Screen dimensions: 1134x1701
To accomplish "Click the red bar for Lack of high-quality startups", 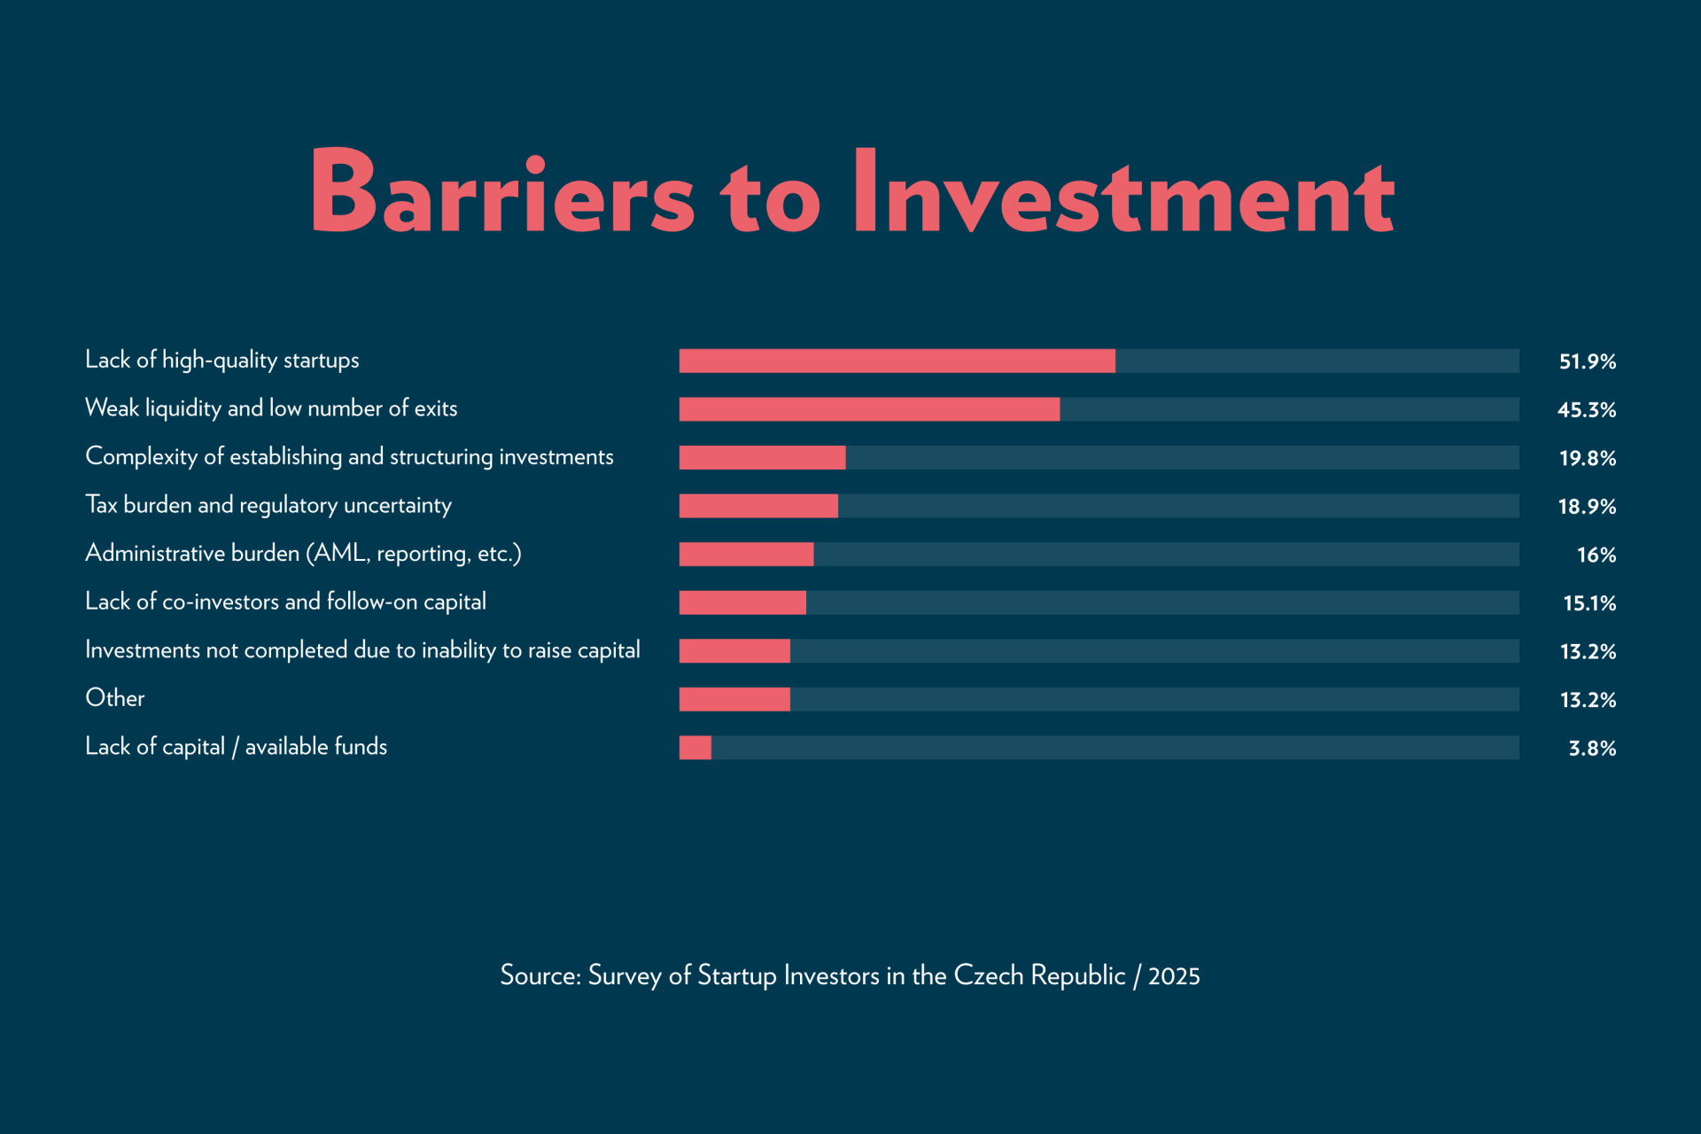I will click(897, 361).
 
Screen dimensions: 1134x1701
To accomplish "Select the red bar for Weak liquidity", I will click(869, 409).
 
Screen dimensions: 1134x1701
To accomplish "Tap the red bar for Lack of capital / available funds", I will click(695, 748).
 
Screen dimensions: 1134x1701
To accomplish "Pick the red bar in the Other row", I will click(734, 699).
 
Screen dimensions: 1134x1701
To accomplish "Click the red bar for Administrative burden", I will click(746, 555).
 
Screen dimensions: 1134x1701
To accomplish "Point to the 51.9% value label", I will click(1587, 361).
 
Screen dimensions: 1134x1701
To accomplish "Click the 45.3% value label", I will click(1586, 410).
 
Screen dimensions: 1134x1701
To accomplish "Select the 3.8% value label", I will click(1591, 749).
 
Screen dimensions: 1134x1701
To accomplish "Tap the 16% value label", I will click(1596, 555).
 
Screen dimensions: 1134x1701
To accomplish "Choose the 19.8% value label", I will click(1587, 458).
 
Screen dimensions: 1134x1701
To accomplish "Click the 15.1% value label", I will click(1588, 603).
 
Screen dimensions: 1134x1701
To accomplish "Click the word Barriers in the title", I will click(501, 192).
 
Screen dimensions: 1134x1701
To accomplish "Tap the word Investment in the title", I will click(1122, 192).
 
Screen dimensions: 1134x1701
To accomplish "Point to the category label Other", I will click(115, 698).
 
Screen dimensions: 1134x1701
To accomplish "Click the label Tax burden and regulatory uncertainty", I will click(268, 505).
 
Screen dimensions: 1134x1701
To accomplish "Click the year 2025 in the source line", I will click(1174, 976).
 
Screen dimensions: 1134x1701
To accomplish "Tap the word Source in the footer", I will click(540, 975).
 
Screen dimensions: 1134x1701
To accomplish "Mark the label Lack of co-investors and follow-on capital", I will click(285, 602).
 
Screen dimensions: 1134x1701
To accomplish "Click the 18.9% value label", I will click(1587, 507).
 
